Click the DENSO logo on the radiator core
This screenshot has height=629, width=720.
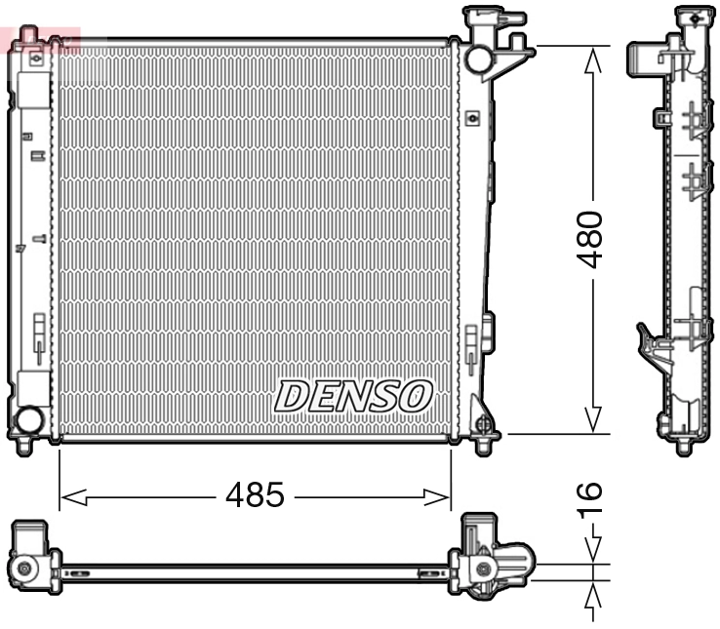[353, 396]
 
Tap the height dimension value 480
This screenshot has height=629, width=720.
[591, 239]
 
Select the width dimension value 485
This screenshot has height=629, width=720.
[255, 495]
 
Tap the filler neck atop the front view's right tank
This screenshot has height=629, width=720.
[480, 20]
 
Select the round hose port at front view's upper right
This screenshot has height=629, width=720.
[479, 59]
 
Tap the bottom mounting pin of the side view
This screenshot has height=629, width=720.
[684, 446]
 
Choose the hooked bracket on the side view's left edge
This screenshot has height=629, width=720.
[648, 346]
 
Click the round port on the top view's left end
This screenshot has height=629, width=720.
[23, 568]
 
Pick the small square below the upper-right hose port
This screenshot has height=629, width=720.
[473, 118]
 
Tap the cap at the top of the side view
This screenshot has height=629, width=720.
[693, 17]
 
